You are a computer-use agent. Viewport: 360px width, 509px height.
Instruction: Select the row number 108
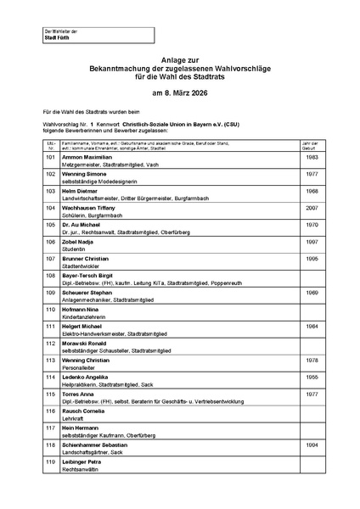tap(50, 275)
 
